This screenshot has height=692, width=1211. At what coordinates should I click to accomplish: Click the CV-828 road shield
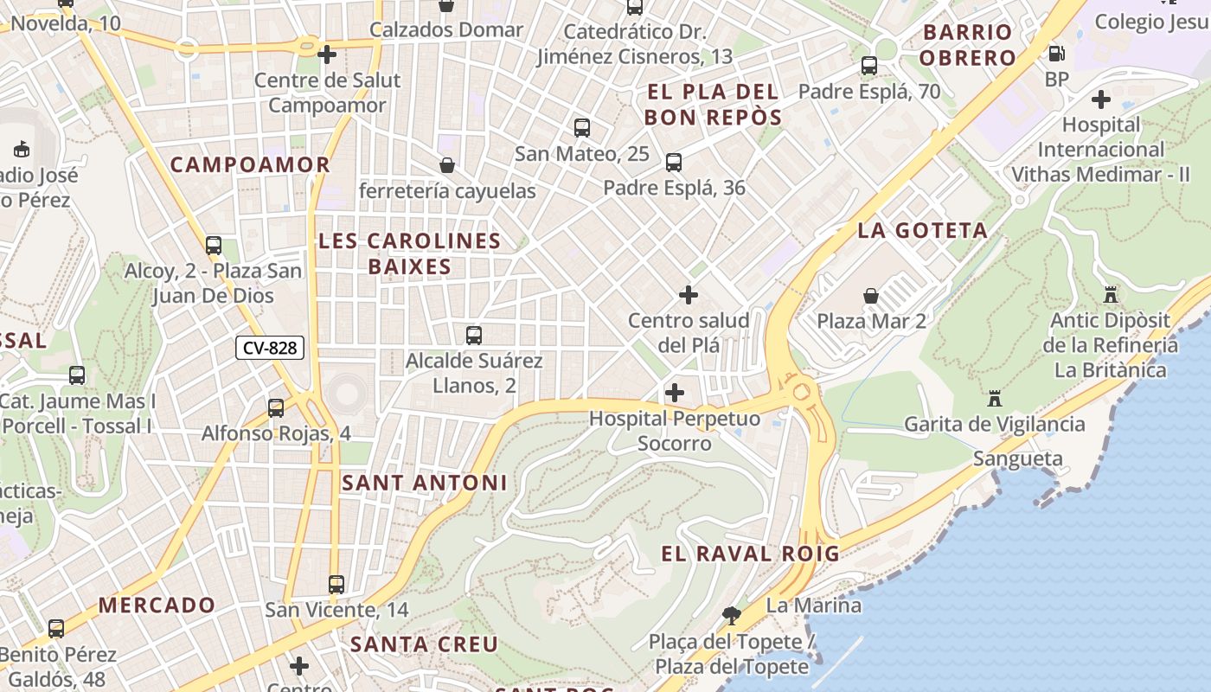click(270, 348)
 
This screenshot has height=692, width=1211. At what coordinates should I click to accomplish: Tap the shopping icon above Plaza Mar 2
click(871, 296)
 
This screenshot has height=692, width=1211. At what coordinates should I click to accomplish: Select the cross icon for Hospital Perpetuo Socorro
click(675, 393)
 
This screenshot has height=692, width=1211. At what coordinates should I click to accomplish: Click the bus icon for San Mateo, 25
click(582, 128)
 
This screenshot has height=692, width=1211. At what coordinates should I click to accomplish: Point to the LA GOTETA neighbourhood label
click(922, 230)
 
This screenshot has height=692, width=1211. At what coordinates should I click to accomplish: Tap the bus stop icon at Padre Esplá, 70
click(869, 66)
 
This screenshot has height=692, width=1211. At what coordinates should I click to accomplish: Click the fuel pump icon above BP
click(1056, 54)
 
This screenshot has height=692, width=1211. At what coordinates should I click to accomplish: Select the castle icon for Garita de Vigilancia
click(994, 399)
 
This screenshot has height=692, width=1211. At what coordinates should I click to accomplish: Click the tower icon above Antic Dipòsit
click(1111, 294)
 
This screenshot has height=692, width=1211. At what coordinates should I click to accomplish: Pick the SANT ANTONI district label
click(424, 483)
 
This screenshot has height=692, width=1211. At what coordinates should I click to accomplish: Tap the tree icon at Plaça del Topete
click(731, 616)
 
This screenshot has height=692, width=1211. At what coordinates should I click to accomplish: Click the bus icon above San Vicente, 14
click(336, 585)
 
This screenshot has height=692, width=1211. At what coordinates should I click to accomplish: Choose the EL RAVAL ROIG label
click(750, 554)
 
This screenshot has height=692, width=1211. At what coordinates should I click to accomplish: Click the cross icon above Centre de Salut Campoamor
click(327, 54)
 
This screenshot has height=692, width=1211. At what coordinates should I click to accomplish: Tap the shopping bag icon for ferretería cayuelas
click(447, 165)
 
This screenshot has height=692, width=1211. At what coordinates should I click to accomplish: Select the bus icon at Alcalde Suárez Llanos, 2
click(474, 335)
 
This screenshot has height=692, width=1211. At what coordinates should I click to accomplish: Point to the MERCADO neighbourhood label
click(157, 605)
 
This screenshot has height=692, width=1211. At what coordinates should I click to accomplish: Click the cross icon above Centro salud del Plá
click(689, 296)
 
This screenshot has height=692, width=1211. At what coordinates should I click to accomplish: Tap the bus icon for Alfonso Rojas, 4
click(276, 407)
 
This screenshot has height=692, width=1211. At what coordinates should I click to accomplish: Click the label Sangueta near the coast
click(1017, 458)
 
